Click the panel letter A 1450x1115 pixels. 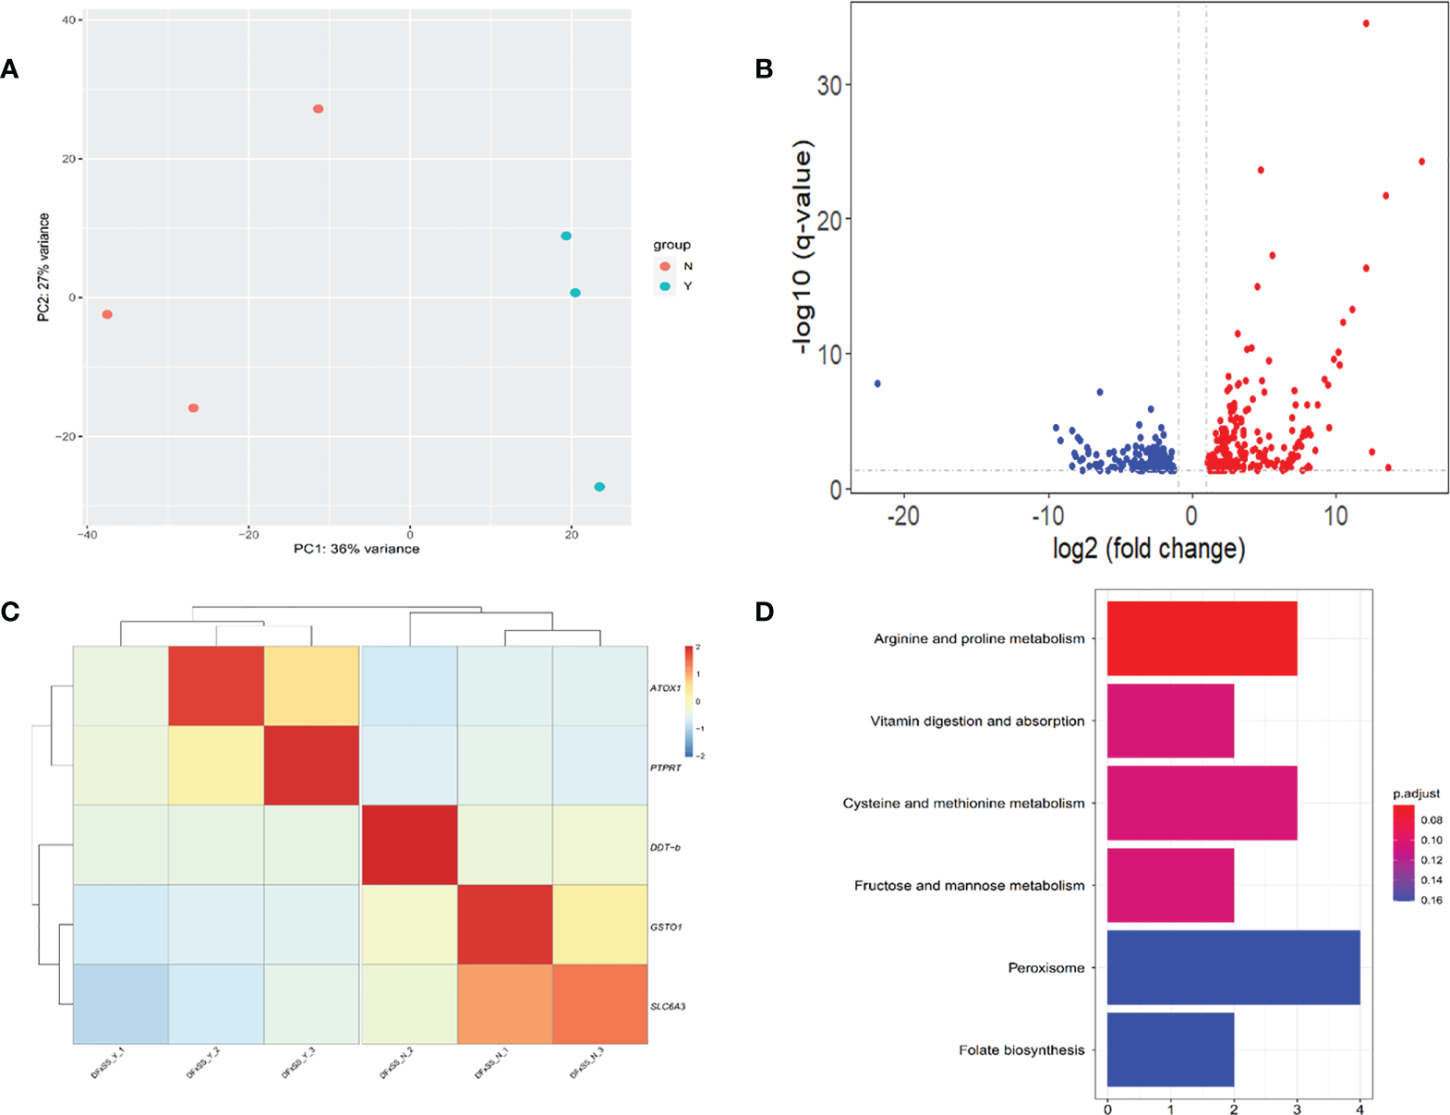pyautogui.click(x=10, y=69)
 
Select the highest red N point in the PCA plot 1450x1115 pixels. pyautogui.click(x=318, y=109)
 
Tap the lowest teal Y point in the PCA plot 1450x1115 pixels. pyautogui.click(x=599, y=487)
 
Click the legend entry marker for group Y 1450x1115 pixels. pyautogui.click(x=665, y=286)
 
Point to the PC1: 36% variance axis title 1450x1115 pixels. pyautogui.click(x=356, y=549)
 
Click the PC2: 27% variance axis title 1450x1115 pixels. pyautogui.click(x=43, y=268)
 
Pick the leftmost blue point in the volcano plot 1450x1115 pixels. pyautogui.click(x=877, y=383)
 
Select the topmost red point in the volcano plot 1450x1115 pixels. pyautogui.click(x=1366, y=24)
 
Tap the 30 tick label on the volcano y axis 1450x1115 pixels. pyautogui.click(x=828, y=85)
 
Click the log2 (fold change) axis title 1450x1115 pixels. pyautogui.click(x=1149, y=549)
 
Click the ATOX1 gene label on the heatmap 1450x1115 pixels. pyautogui.click(x=665, y=688)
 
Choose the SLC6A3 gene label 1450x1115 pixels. pyautogui.click(x=668, y=1006)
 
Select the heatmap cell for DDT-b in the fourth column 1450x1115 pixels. pyautogui.click(x=409, y=844)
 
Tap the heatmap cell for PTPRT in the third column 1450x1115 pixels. pyautogui.click(x=311, y=765)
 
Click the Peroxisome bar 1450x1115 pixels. pyautogui.click(x=1233, y=967)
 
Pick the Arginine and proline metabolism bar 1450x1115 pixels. pyautogui.click(x=1202, y=638)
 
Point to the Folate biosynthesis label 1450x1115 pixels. pyautogui.click(x=1021, y=1050)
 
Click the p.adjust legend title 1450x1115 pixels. pyautogui.click(x=1416, y=794)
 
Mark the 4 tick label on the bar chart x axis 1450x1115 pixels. pyautogui.click(x=1359, y=1109)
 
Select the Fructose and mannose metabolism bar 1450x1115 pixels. pyautogui.click(x=1170, y=885)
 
